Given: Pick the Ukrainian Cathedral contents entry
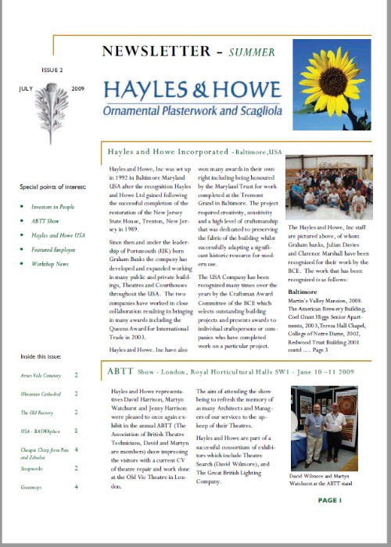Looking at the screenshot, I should tap(44, 395).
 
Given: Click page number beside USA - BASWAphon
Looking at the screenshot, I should tap(76, 431).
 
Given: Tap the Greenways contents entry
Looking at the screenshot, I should tap(33, 487).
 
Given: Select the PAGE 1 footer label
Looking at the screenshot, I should tap(330, 499).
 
